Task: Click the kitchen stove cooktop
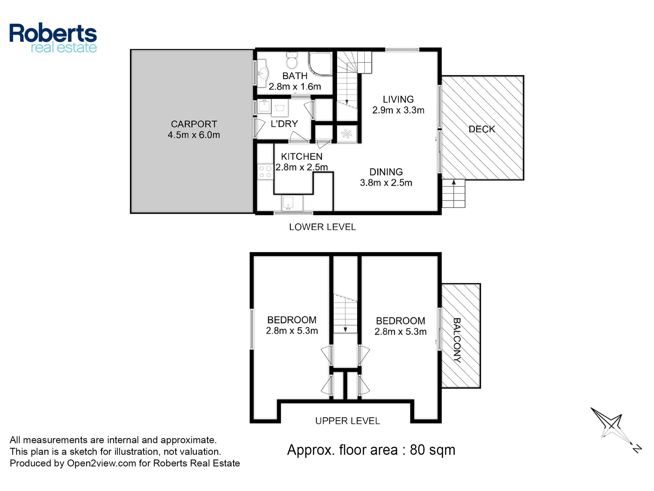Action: click(x=265, y=172)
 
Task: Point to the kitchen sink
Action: click(x=292, y=203)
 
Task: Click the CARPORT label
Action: click(x=194, y=124)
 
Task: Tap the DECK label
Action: click(x=482, y=129)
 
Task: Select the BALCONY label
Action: click(x=457, y=340)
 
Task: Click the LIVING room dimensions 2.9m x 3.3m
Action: click(x=398, y=110)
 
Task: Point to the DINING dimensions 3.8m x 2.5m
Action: click(x=386, y=183)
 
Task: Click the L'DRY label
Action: click(x=284, y=124)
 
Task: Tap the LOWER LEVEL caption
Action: click(x=322, y=227)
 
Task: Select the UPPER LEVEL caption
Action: click(x=347, y=421)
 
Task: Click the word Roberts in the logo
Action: click(x=53, y=33)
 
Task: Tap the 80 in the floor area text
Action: click(x=417, y=450)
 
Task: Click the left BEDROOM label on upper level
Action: click(x=292, y=320)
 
